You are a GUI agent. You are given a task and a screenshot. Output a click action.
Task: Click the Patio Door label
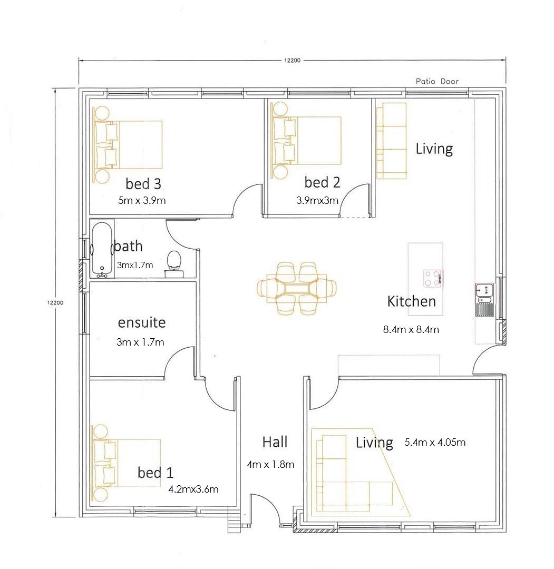pos(437,81)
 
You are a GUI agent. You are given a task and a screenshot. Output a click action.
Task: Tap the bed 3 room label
pos(143,183)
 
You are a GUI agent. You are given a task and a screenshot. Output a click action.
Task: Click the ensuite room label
pos(141,322)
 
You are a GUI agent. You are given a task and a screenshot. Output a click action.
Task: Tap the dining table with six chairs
pos(297,289)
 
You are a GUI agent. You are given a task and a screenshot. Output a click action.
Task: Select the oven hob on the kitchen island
pos(433,278)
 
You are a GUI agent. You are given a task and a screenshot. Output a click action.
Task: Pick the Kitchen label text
pos(411,301)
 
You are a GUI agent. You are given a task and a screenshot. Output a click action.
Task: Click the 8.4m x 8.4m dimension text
pos(411,330)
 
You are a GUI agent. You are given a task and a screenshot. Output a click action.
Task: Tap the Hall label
pos(275,442)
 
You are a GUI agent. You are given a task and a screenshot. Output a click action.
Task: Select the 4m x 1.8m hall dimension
pos(270,464)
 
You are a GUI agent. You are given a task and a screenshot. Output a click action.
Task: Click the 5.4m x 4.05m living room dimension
pos(435,442)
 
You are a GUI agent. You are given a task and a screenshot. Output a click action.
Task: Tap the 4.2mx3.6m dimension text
pos(193,489)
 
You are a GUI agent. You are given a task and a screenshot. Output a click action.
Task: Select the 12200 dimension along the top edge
pos(292,61)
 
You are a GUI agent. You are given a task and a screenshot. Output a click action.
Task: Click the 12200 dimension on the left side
pos(55,302)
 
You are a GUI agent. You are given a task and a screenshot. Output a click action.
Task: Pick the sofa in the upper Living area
pos(391,140)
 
